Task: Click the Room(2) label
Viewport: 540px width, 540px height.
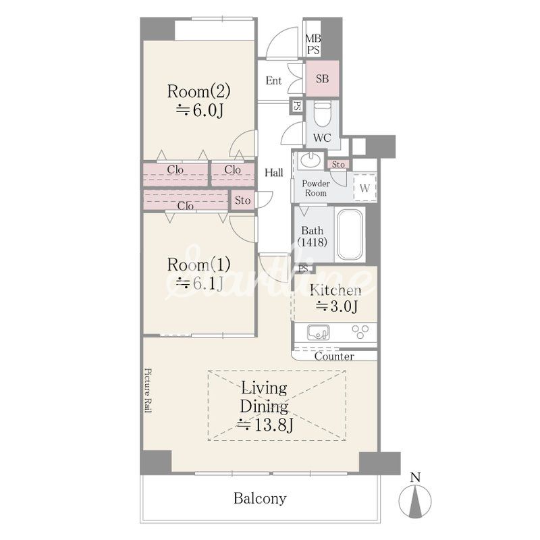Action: click(x=198, y=91)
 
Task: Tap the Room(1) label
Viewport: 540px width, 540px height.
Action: click(x=198, y=265)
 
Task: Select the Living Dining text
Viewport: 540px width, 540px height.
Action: click(x=264, y=398)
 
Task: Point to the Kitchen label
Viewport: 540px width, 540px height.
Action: click(x=335, y=290)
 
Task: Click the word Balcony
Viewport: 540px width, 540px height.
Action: click(x=260, y=498)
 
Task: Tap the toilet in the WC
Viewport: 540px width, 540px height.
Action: click(x=323, y=115)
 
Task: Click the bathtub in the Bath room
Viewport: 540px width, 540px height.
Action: click(x=350, y=234)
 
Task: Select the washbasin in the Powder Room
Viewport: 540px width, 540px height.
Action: click(x=310, y=160)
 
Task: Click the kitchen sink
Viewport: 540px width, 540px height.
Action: click(x=318, y=332)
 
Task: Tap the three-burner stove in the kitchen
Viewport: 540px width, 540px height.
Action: click(x=360, y=332)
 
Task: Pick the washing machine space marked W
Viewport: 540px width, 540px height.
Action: click(x=364, y=188)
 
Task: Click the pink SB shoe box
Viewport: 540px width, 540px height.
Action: click(x=323, y=79)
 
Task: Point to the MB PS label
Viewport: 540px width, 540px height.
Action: click(x=313, y=44)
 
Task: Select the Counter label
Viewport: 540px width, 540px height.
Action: click(x=334, y=356)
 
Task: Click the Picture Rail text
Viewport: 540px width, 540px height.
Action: click(x=148, y=391)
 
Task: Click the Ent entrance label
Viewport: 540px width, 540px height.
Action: click(x=274, y=80)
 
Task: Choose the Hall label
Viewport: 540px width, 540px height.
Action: click(x=274, y=173)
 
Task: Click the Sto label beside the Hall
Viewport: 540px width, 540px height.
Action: click(x=242, y=200)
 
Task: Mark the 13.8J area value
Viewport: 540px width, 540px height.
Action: click(x=265, y=425)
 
